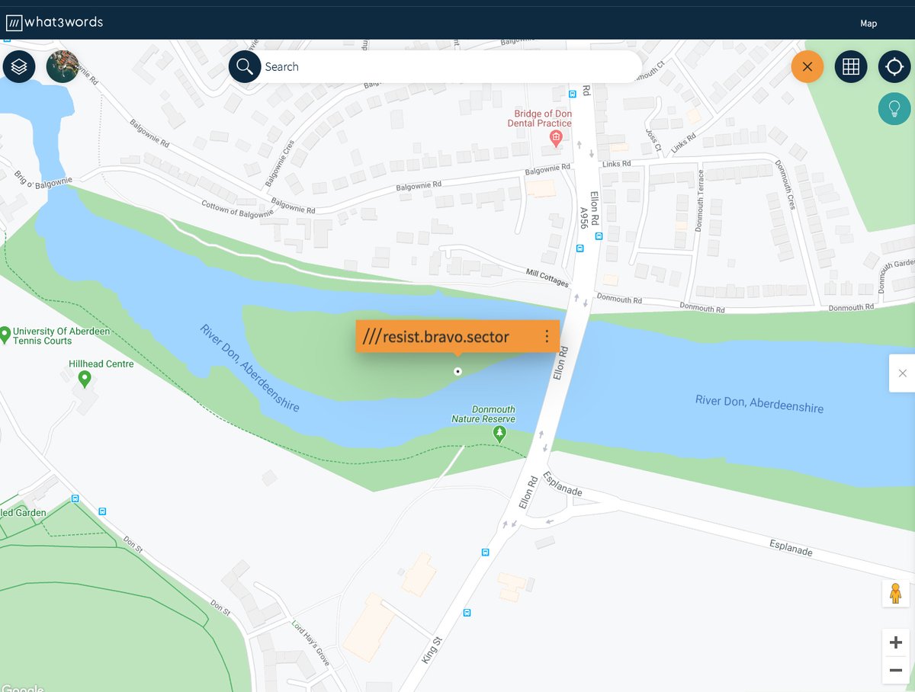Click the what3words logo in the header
point(54,23)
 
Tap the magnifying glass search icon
point(245,67)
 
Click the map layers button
point(19,67)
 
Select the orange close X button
point(807,67)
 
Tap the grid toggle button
point(851,67)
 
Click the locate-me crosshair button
point(894,67)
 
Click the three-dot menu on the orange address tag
point(546,336)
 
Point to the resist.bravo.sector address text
point(446,336)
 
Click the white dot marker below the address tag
point(457,371)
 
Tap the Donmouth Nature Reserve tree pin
point(499,434)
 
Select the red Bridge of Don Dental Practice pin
point(556,138)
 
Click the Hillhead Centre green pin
point(85,377)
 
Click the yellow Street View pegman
point(895,593)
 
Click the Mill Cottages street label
point(547,277)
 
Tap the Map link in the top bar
point(868,24)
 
